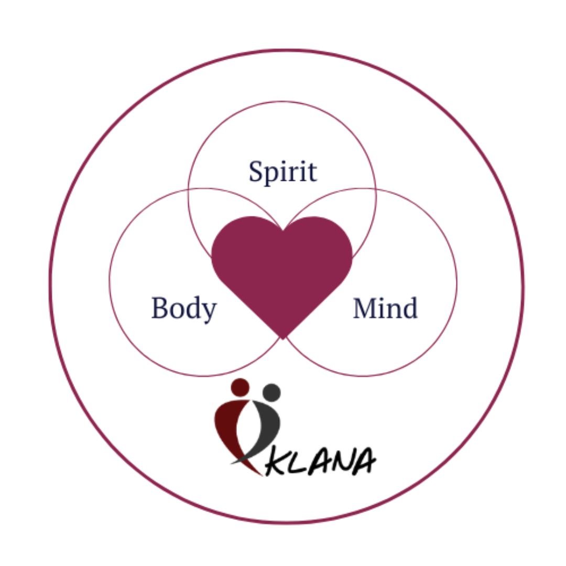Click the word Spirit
pos(282,172)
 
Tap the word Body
pos(183,308)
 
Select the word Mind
pos(385,308)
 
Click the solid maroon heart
pos(282,267)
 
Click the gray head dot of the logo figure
pos(271,392)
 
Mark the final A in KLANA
pos(364,461)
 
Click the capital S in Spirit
pos(256,172)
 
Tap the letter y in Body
pos(209,312)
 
